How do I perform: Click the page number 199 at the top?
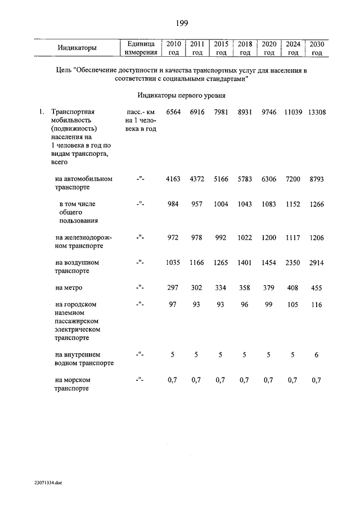(x=181, y=23)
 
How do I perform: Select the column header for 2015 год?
(x=221, y=48)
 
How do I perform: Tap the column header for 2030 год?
(x=317, y=48)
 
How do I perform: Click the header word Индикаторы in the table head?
(x=77, y=48)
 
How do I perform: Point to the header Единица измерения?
(x=141, y=48)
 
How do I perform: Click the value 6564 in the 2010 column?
(x=172, y=112)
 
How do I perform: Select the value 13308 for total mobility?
(x=317, y=112)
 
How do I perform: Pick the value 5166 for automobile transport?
(x=220, y=179)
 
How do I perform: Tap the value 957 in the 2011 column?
(x=196, y=204)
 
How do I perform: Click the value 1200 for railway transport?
(x=269, y=238)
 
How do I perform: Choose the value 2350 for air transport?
(x=292, y=263)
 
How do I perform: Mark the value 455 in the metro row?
(x=317, y=287)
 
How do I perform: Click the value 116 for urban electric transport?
(x=317, y=304)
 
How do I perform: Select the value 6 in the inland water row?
(x=317, y=355)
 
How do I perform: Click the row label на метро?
(x=69, y=287)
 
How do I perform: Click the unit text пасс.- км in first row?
(x=140, y=112)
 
